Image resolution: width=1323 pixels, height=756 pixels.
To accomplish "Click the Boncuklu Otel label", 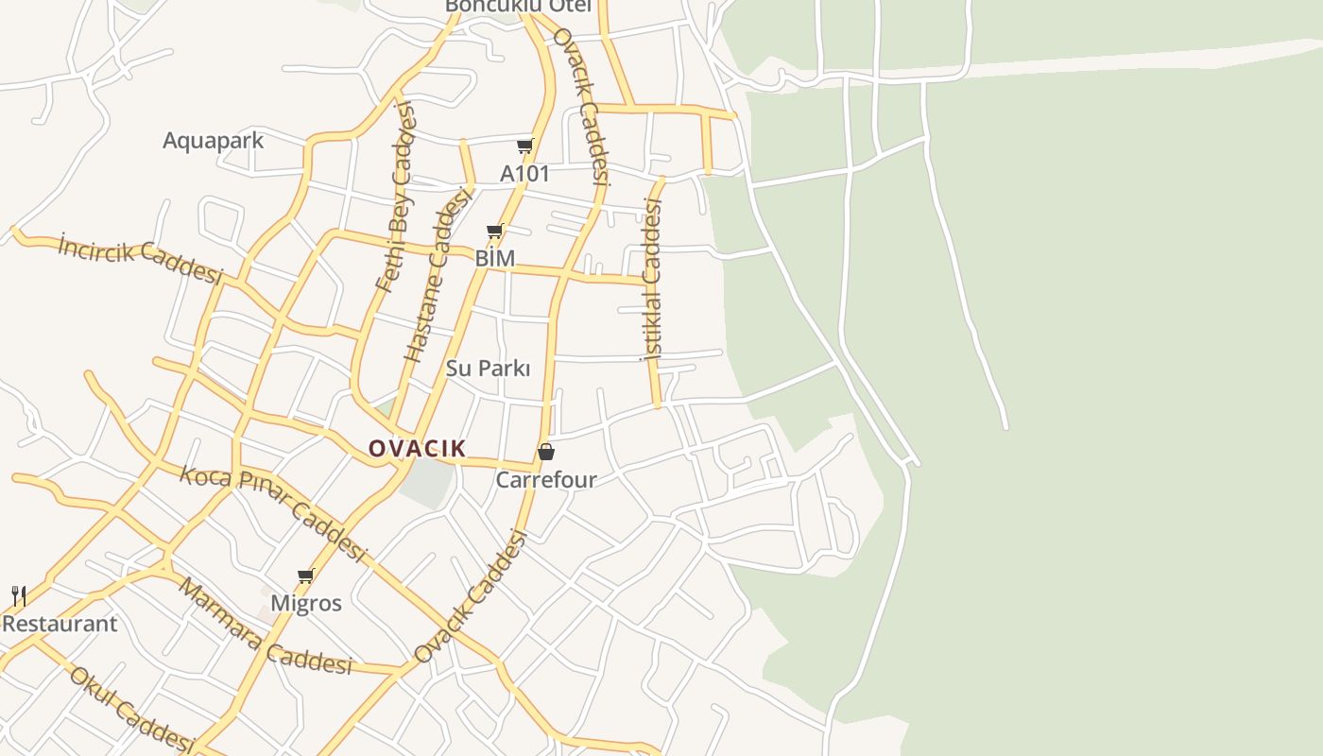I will pos(518,6).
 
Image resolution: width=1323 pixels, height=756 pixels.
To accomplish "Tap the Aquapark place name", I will pos(213,141).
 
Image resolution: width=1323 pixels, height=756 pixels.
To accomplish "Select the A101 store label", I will pos(524,174).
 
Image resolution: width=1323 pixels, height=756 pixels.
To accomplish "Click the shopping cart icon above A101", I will pos(524,146).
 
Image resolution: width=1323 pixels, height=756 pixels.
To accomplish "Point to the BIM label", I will pos(494,258).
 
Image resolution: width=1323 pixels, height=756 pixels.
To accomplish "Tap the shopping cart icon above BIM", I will pos(494,231).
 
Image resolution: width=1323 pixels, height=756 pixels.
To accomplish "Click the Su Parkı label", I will pos(488,369).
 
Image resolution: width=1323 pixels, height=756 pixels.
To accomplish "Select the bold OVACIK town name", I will pos(417,448).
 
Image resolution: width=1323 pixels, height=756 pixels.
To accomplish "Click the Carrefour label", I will pos(546,480).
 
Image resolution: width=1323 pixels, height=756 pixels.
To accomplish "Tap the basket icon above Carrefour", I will pos(545,452).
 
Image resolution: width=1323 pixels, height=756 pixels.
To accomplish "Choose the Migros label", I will pos(306,603).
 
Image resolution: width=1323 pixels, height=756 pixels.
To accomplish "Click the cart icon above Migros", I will pos(305,575).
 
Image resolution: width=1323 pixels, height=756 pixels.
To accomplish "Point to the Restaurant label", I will pos(60,624).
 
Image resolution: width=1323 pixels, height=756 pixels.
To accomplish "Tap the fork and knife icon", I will pos(18,595).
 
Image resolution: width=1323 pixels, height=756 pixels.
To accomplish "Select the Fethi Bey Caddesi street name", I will pos(395,197).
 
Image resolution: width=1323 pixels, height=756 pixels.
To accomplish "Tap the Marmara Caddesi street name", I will pos(265,627).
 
